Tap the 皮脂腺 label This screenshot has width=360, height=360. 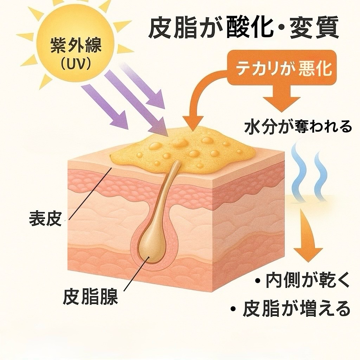90,297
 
